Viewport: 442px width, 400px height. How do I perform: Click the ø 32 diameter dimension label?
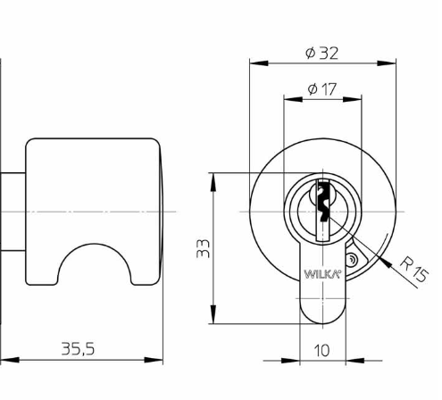321,54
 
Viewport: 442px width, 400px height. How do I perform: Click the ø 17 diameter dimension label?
321,89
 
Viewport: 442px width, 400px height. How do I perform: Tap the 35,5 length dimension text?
78,348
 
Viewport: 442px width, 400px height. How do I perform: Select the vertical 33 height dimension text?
204,248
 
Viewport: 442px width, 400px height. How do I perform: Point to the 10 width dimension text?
321,351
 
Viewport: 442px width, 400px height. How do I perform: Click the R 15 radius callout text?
414,270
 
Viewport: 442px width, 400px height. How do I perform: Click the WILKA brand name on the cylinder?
321,274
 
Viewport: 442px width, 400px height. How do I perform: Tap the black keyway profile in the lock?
323,201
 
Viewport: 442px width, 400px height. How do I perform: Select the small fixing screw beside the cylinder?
351,260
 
